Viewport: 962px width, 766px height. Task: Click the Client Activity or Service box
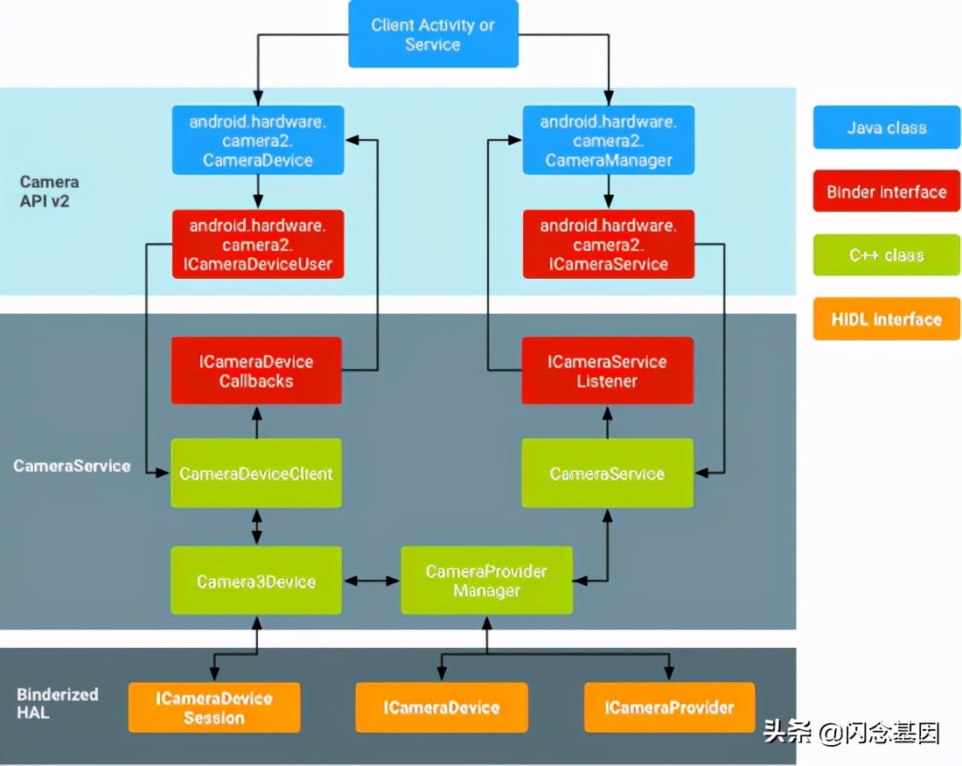point(433,34)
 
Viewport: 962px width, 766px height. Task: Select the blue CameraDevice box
point(257,140)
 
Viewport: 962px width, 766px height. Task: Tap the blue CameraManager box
point(608,140)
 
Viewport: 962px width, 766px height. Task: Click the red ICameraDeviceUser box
point(257,244)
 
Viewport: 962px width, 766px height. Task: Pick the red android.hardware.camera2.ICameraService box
point(608,244)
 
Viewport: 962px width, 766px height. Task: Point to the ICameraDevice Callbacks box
point(255,371)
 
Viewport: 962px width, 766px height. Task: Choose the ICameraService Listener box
point(607,371)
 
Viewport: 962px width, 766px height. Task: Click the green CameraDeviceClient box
point(255,473)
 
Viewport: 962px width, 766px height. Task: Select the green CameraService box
point(607,473)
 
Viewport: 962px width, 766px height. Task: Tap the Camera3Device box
point(255,581)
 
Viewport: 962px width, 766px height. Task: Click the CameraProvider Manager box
point(486,581)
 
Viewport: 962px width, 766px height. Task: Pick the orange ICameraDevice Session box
point(214,707)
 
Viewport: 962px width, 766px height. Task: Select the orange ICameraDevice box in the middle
point(442,707)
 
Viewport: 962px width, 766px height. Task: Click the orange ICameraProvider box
point(669,707)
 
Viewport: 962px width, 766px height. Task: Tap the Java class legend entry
point(886,128)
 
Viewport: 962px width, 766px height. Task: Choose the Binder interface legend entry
point(886,191)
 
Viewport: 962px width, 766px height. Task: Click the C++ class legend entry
point(886,255)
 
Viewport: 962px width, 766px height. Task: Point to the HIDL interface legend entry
point(886,319)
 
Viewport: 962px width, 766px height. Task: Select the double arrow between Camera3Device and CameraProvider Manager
point(371,581)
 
